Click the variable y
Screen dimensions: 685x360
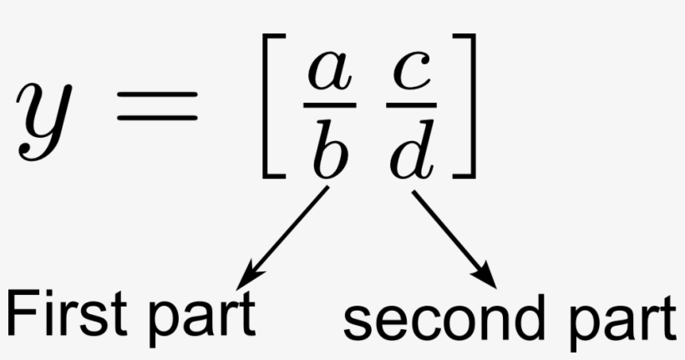tap(43, 122)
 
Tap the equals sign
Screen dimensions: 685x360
tap(157, 106)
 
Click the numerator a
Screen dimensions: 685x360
tap(330, 71)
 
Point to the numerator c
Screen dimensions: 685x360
tap(412, 71)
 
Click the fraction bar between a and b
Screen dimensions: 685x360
tap(330, 105)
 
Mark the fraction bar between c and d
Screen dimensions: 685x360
tap(412, 105)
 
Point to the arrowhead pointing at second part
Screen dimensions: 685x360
tap(484, 274)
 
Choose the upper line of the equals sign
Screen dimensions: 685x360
tap(157, 94)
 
